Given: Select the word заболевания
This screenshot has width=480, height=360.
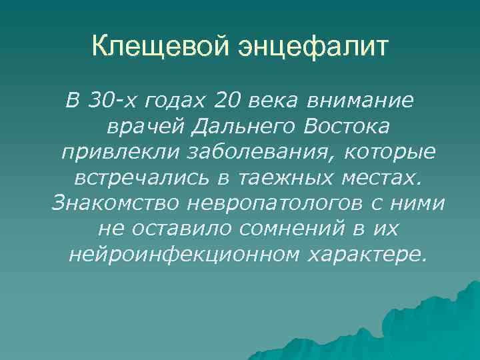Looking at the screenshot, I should (x=231, y=153).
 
